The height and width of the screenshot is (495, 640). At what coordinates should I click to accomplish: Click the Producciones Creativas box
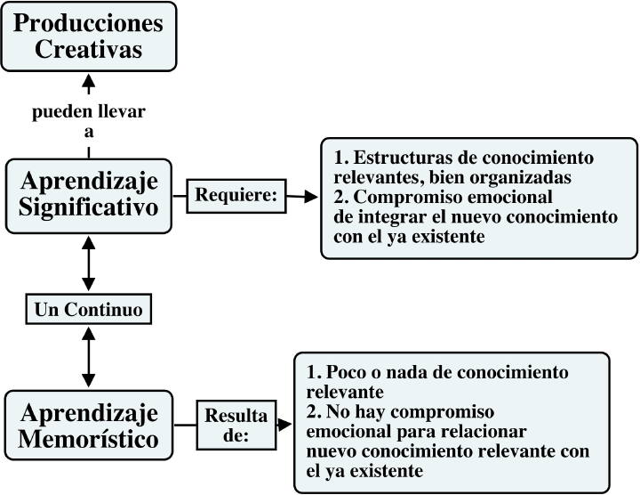tap(89, 37)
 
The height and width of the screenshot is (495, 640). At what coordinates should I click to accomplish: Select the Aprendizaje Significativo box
tap(89, 196)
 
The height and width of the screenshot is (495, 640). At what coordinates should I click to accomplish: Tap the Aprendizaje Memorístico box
tap(89, 425)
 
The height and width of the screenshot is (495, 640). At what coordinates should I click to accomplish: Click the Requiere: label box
tap(236, 196)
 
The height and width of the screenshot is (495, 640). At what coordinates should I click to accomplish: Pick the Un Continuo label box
tap(89, 309)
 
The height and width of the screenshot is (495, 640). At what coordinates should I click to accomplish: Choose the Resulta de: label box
tap(236, 425)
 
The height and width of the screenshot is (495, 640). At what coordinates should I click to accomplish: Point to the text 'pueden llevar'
tap(89, 111)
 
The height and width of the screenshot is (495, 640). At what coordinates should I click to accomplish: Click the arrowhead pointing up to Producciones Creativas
tap(89, 80)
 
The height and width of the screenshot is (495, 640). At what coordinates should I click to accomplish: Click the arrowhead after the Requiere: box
tap(311, 197)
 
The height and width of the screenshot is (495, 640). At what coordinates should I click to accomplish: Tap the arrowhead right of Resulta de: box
tap(284, 425)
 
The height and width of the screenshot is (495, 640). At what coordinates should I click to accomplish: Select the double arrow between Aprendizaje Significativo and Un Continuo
tap(89, 264)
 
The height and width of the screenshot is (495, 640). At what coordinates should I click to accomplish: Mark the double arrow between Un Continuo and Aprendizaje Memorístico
tap(89, 357)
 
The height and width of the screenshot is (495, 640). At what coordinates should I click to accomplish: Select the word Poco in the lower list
tap(346, 372)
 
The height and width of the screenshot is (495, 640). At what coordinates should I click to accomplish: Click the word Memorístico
tap(89, 439)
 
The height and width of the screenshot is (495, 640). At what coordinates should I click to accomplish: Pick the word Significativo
tap(89, 207)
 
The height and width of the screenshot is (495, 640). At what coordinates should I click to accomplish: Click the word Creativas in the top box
tap(89, 49)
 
